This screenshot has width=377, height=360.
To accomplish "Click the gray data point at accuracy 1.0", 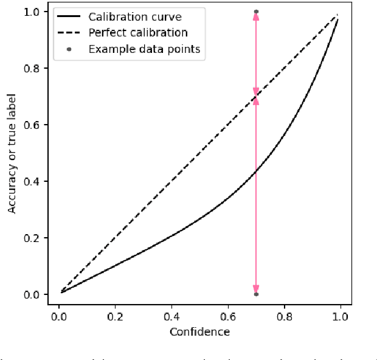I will (256, 12).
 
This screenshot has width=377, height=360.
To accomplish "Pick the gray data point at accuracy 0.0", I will (256, 294).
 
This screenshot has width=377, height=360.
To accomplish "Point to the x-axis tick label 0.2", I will (115, 316).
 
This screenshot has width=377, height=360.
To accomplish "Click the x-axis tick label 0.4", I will (171, 316).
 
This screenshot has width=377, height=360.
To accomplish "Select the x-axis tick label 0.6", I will (228, 316).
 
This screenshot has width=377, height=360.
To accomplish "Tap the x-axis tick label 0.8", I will (285, 316).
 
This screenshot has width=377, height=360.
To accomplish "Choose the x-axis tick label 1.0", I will (341, 316).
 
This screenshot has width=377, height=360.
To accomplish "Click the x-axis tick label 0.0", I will (58, 316).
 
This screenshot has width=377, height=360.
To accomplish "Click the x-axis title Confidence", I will (199, 332).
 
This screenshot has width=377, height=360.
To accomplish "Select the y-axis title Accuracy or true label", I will (12, 153).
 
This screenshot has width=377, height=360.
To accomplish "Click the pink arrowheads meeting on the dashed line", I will (256, 96).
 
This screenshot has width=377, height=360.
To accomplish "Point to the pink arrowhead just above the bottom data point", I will (256, 289).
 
